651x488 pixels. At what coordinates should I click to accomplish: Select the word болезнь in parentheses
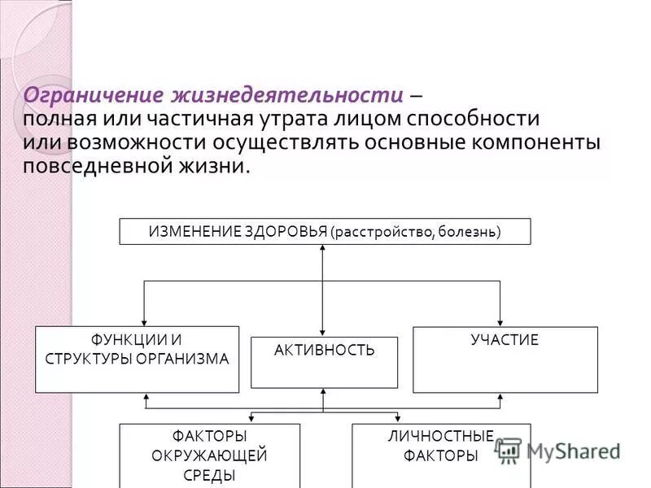click(x=468, y=232)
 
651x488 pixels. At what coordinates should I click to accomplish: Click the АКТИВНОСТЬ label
click(x=324, y=351)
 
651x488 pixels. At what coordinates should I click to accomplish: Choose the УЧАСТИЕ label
click(x=505, y=340)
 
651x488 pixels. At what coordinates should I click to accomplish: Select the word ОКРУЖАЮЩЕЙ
click(x=209, y=455)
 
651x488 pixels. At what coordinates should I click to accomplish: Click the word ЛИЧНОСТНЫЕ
click(x=440, y=437)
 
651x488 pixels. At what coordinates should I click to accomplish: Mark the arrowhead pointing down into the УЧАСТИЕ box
click(x=500, y=321)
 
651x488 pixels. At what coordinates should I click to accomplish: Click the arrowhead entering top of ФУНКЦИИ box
click(x=144, y=321)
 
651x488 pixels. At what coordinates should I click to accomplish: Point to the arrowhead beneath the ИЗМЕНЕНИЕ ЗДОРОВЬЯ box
click(x=323, y=250)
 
